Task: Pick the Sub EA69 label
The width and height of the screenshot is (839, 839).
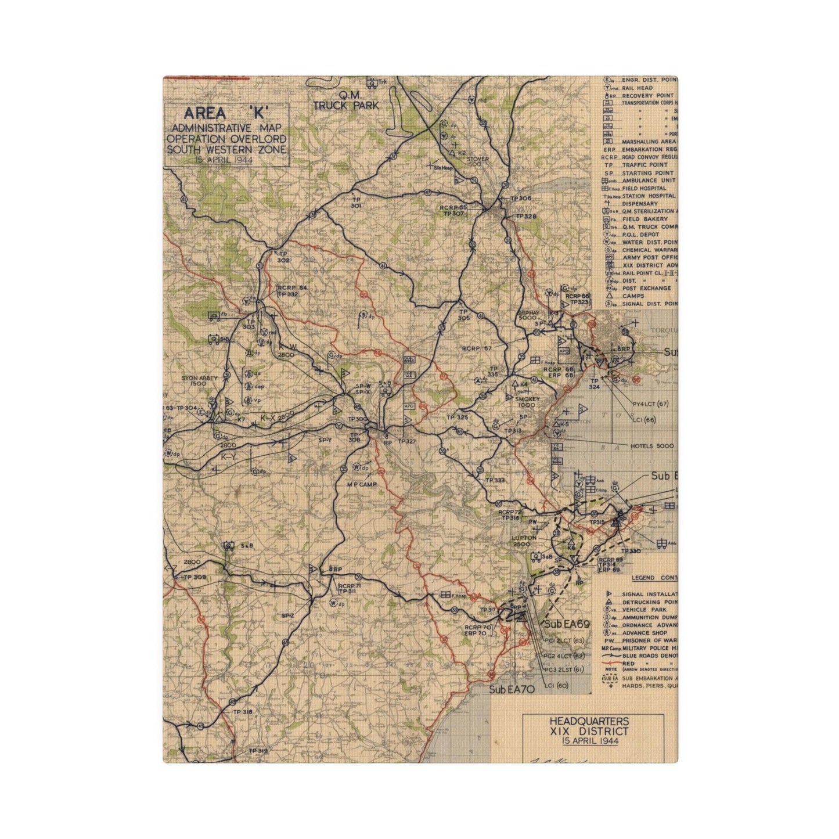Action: coord(567,624)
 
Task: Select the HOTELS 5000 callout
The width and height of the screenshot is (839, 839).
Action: coord(652,446)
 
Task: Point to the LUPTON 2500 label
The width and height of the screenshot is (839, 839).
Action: coord(524,541)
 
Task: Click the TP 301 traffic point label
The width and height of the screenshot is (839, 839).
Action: coord(356,202)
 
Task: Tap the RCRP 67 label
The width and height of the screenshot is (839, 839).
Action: coord(477,348)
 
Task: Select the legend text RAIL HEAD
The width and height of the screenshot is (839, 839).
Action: coord(638,88)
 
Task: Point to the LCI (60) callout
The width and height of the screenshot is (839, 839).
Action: coord(557,686)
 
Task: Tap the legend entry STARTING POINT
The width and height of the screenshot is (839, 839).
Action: coord(647,173)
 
